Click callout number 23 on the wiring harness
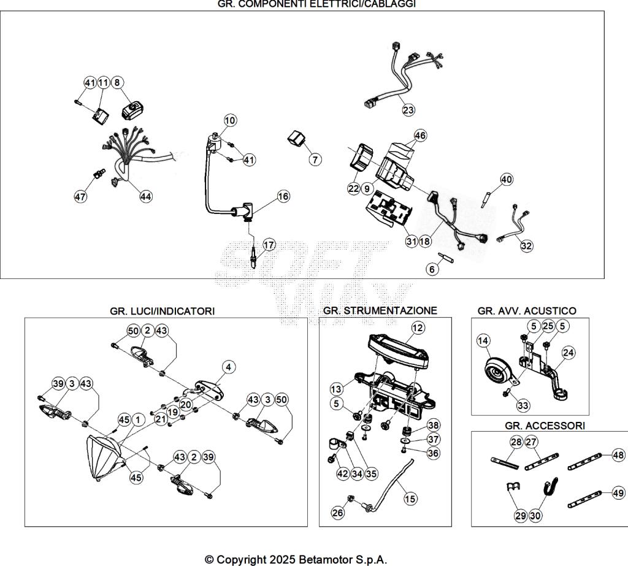pyautogui.click(x=408, y=110)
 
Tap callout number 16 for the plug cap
pyautogui.click(x=283, y=196)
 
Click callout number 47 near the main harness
pyautogui.click(x=80, y=196)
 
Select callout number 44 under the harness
pyautogui.click(x=145, y=196)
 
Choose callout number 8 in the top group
pyautogui.click(x=117, y=82)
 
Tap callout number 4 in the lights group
pyautogui.click(x=228, y=367)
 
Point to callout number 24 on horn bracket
pyautogui.click(x=569, y=353)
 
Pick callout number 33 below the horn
pyautogui.click(x=523, y=405)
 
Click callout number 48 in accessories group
pyautogui.click(x=618, y=455)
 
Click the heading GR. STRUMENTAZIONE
pyautogui.click(x=380, y=311)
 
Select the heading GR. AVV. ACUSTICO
pyautogui.click(x=527, y=311)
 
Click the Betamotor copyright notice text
pyautogui.click(x=296, y=559)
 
